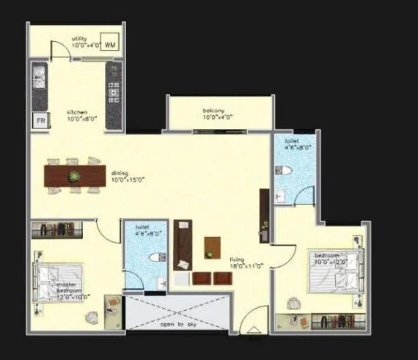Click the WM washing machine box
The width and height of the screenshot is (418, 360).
click(x=110, y=44)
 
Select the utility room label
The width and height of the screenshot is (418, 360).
click(x=81, y=38)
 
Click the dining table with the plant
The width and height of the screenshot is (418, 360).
click(x=75, y=176)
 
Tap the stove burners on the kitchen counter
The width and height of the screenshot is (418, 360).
click(x=113, y=91)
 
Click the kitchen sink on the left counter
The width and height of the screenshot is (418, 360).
click(x=39, y=76)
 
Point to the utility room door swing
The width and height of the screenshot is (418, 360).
click(x=59, y=47)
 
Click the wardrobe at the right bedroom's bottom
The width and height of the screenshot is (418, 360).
click(x=335, y=321)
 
